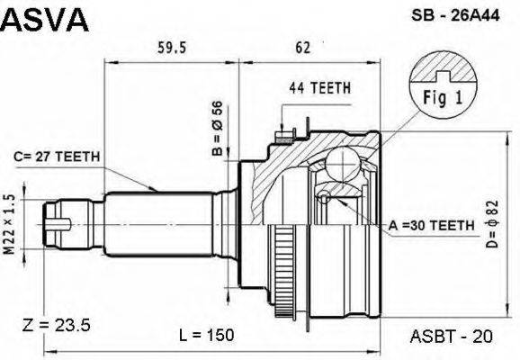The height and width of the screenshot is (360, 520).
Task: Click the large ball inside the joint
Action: [x=341, y=165]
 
